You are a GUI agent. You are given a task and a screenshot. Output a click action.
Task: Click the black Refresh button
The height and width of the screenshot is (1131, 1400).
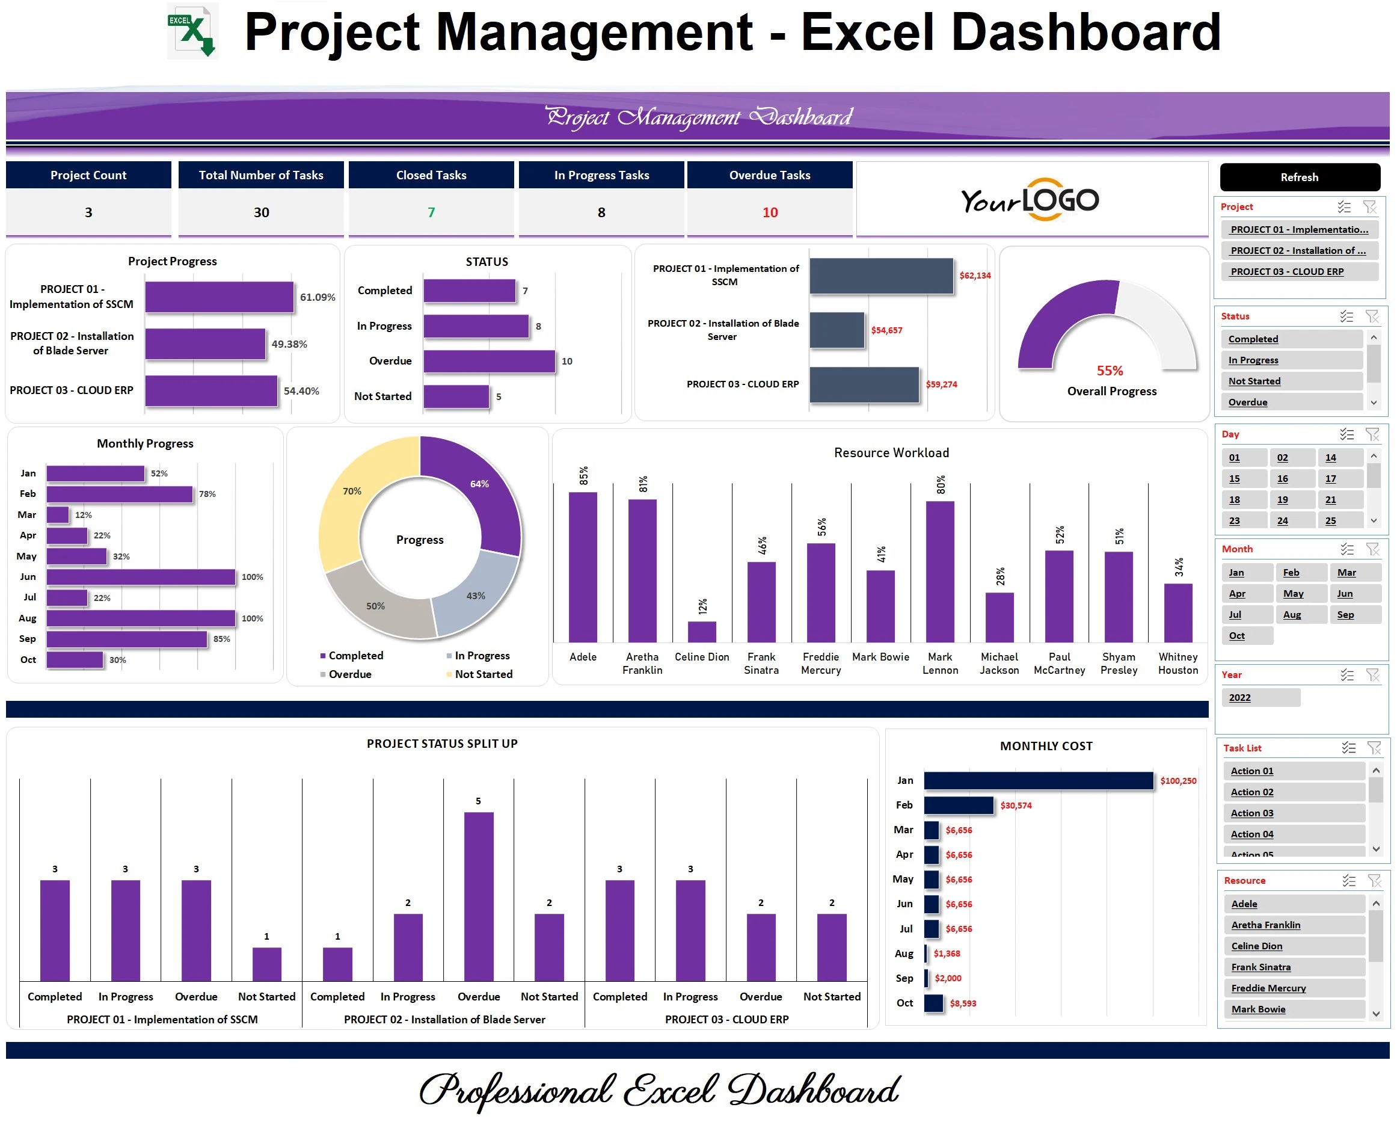point(1299,177)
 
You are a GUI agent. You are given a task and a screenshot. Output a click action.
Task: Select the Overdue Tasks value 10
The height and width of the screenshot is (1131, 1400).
point(770,212)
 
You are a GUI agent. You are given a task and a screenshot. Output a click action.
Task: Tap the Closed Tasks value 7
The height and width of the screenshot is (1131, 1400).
point(431,212)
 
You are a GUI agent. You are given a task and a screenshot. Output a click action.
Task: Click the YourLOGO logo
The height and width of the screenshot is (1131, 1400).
point(1030,200)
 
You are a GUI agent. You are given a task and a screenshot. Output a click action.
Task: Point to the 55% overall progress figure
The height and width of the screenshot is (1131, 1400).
point(1110,371)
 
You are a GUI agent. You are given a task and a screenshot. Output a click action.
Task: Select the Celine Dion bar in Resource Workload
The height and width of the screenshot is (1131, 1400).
point(702,632)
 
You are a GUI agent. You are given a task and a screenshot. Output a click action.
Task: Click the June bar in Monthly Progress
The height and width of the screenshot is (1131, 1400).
point(141,577)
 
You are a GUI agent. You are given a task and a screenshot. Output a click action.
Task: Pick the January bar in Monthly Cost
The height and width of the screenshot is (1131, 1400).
point(1038,780)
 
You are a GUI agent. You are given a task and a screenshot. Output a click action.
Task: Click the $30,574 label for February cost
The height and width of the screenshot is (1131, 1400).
point(1016,806)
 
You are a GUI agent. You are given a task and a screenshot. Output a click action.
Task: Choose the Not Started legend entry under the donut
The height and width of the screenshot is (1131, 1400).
point(482,674)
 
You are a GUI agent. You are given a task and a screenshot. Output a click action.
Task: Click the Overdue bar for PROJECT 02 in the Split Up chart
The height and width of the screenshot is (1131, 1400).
point(479,896)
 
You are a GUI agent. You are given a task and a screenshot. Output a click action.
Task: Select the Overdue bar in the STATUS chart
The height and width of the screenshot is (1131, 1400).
point(489,361)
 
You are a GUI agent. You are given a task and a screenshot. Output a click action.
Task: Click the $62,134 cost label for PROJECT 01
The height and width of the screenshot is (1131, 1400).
point(975,276)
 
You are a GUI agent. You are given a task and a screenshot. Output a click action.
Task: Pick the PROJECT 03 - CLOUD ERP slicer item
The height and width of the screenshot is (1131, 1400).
point(1287,272)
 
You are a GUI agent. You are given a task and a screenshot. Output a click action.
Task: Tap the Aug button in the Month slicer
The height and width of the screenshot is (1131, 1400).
point(1292,614)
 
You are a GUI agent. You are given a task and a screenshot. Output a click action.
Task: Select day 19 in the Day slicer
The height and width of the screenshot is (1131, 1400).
point(1282,500)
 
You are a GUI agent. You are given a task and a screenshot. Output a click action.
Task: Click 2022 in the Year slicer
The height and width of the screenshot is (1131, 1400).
point(1240,698)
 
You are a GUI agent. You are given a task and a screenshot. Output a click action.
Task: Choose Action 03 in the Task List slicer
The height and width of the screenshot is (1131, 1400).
point(1251,813)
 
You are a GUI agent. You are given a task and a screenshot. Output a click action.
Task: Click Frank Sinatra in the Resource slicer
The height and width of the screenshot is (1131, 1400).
point(1260,967)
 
